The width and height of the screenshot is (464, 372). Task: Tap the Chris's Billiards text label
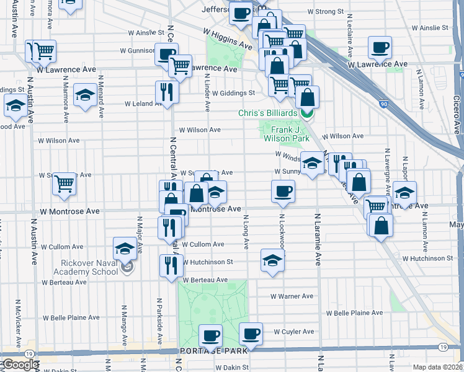[267, 113]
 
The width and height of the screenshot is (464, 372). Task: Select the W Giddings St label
[233, 93]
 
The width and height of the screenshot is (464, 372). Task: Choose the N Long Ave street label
[246, 232]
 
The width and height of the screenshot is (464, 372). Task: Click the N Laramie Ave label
[318, 239]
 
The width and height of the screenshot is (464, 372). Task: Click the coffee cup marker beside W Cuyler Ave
[251, 334]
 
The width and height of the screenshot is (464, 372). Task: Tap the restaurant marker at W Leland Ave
[166, 92]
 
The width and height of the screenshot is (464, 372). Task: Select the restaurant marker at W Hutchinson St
[171, 265]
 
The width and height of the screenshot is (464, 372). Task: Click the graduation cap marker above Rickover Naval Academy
[125, 249]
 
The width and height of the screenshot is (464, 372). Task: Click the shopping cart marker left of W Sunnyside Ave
[64, 184]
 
